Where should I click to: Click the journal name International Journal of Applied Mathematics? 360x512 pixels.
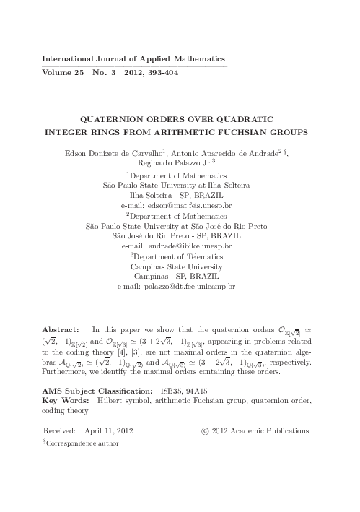coord(134,58)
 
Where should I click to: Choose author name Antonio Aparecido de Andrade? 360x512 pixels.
coord(221,153)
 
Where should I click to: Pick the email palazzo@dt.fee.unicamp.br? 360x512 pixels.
coord(186,287)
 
